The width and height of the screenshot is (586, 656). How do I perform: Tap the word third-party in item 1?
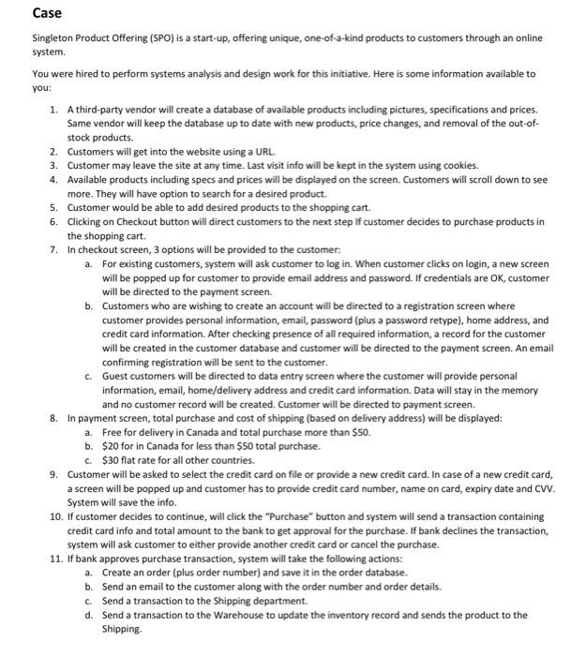[103, 110]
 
